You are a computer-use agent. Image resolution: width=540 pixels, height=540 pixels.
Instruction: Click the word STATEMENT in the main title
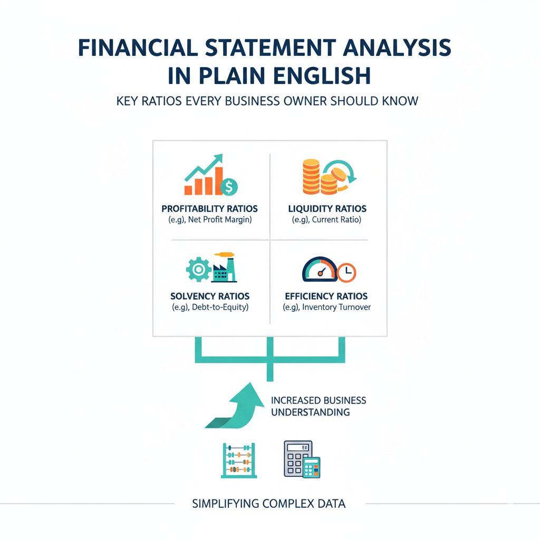click(271, 47)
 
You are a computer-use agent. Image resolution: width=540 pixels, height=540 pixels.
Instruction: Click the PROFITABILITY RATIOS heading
click(210, 209)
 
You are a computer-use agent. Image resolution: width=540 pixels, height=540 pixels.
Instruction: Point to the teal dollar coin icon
click(229, 187)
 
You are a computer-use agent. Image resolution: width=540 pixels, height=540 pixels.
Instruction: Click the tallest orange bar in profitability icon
click(218, 181)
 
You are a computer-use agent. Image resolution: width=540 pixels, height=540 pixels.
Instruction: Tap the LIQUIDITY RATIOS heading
click(327, 209)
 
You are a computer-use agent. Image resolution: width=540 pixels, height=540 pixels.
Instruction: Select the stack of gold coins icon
click(311, 177)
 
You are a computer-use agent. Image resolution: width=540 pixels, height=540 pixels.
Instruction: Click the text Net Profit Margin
click(220, 220)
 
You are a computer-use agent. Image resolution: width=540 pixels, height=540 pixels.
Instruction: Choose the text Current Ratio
click(336, 220)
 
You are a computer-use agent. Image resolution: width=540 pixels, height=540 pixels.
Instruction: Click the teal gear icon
click(198, 269)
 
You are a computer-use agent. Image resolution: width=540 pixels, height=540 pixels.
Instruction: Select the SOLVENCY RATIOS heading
click(210, 296)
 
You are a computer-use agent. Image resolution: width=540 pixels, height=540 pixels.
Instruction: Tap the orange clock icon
click(346, 273)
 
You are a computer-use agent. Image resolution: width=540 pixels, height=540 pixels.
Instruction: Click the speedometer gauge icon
click(320, 269)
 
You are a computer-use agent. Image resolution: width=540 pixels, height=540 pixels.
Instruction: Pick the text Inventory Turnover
click(336, 307)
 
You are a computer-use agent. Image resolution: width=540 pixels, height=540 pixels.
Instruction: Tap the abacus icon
click(239, 460)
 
